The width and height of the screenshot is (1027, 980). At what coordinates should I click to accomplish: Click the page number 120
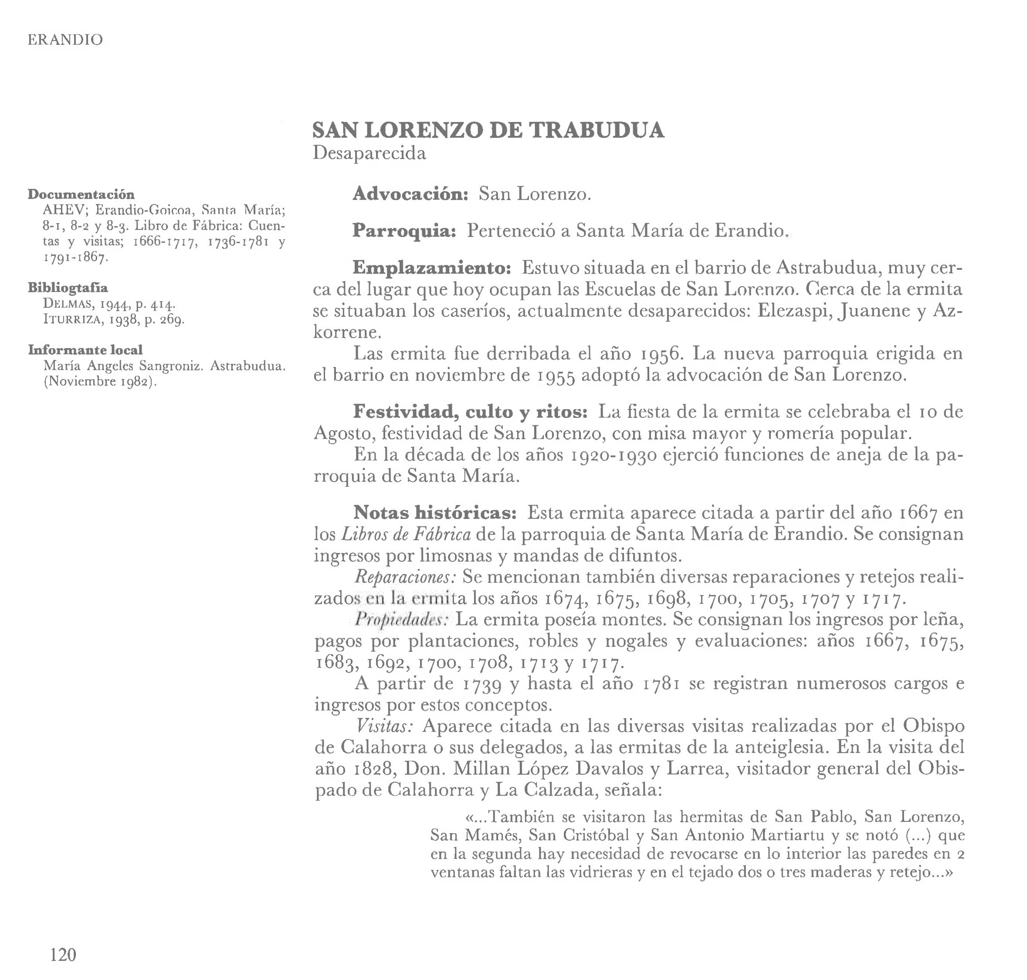(63, 954)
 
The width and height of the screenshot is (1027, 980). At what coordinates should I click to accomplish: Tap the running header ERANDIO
(65, 40)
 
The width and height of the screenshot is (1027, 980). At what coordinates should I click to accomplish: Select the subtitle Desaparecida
(369, 153)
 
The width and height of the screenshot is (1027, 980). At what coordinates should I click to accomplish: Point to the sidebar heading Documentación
(81, 194)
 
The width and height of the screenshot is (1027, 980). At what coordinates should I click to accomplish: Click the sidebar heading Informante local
(85, 349)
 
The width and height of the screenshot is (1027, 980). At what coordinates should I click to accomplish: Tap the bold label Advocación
(410, 194)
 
